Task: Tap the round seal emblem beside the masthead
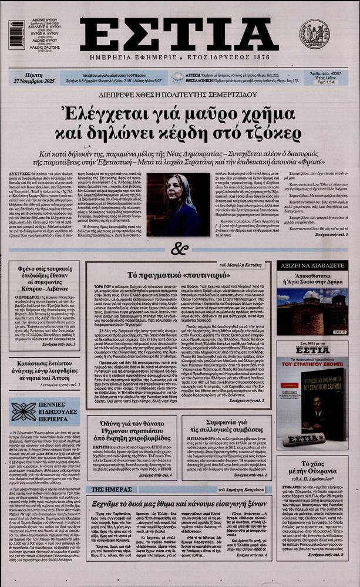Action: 315,33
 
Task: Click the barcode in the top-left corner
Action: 17,35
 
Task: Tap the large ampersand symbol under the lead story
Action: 179,250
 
